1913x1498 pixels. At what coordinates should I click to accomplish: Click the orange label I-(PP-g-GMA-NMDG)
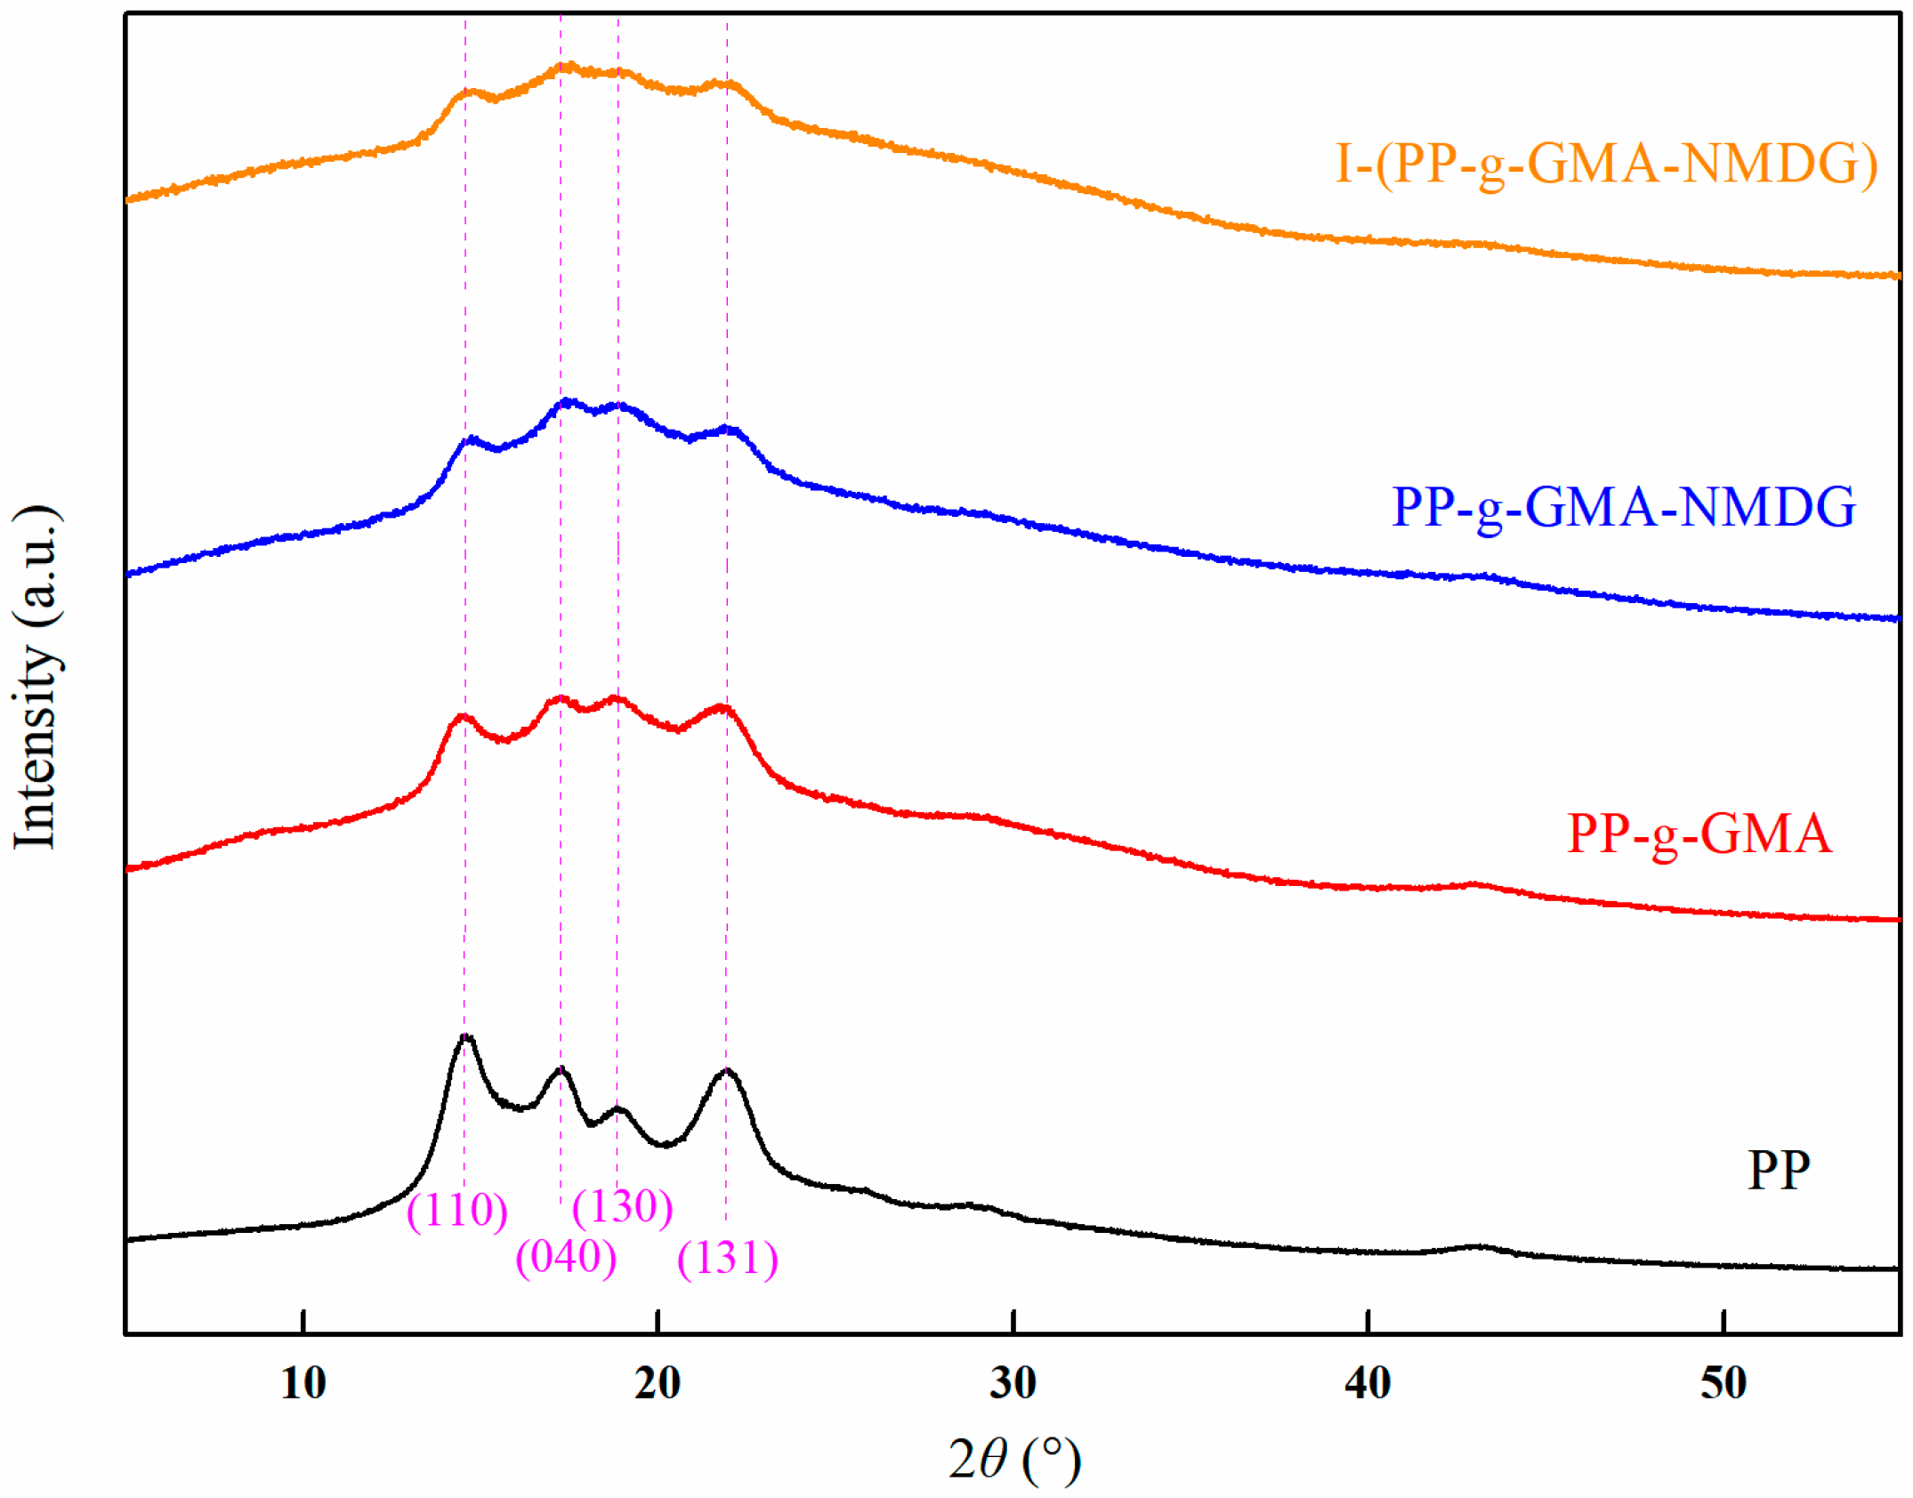click(x=1605, y=164)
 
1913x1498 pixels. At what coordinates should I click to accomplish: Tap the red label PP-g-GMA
click(x=1699, y=834)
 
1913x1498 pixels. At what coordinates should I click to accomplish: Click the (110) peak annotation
click(x=456, y=1210)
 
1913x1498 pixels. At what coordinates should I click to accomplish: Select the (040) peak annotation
click(x=566, y=1257)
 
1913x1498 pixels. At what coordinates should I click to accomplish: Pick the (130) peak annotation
click(x=622, y=1207)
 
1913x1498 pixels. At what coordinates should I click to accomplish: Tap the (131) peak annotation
click(x=727, y=1258)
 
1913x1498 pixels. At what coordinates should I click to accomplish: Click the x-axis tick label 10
click(x=303, y=1383)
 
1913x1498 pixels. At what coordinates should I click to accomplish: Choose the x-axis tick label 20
click(x=658, y=1383)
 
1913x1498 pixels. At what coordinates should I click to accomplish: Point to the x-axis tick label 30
click(x=1013, y=1383)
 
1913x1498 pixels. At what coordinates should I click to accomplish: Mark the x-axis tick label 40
click(x=1368, y=1383)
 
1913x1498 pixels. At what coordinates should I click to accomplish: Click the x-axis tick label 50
click(x=1723, y=1383)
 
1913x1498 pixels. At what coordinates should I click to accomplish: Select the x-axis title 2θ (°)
click(x=1013, y=1461)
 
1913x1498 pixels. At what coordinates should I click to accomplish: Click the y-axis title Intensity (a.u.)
click(x=36, y=676)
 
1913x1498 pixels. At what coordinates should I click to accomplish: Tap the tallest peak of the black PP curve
click(x=466, y=1037)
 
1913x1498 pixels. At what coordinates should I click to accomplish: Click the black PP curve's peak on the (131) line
click(x=727, y=1071)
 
